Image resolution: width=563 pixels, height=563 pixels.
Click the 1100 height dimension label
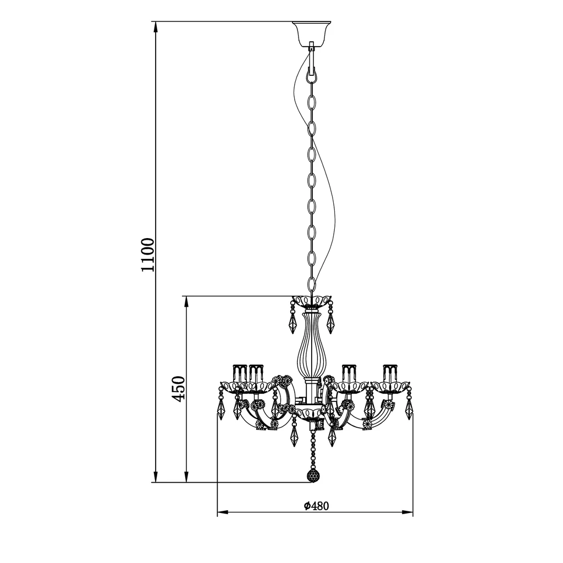[x=147, y=255]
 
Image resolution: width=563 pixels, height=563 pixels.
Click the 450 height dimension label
[x=179, y=389]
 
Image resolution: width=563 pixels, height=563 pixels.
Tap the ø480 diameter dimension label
[x=316, y=506]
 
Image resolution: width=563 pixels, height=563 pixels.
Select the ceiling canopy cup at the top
[x=311, y=32]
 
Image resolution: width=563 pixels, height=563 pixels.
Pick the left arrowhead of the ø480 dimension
[x=223, y=512]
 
